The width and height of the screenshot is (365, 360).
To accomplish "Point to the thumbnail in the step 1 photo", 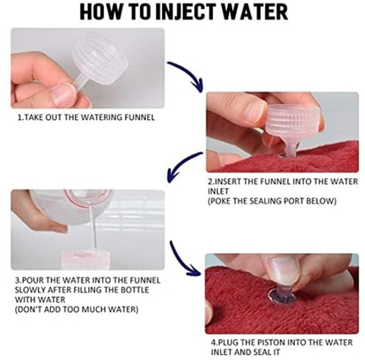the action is click(x=64, y=94).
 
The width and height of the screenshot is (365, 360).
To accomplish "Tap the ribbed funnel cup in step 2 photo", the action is click(x=294, y=120).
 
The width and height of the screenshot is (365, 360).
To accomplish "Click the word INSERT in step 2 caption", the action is click(x=226, y=182).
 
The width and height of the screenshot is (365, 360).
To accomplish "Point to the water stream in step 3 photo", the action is click(x=94, y=228).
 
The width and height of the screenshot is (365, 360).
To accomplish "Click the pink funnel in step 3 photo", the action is click(x=85, y=260).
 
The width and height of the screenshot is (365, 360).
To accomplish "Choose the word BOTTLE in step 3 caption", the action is click(x=135, y=290).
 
